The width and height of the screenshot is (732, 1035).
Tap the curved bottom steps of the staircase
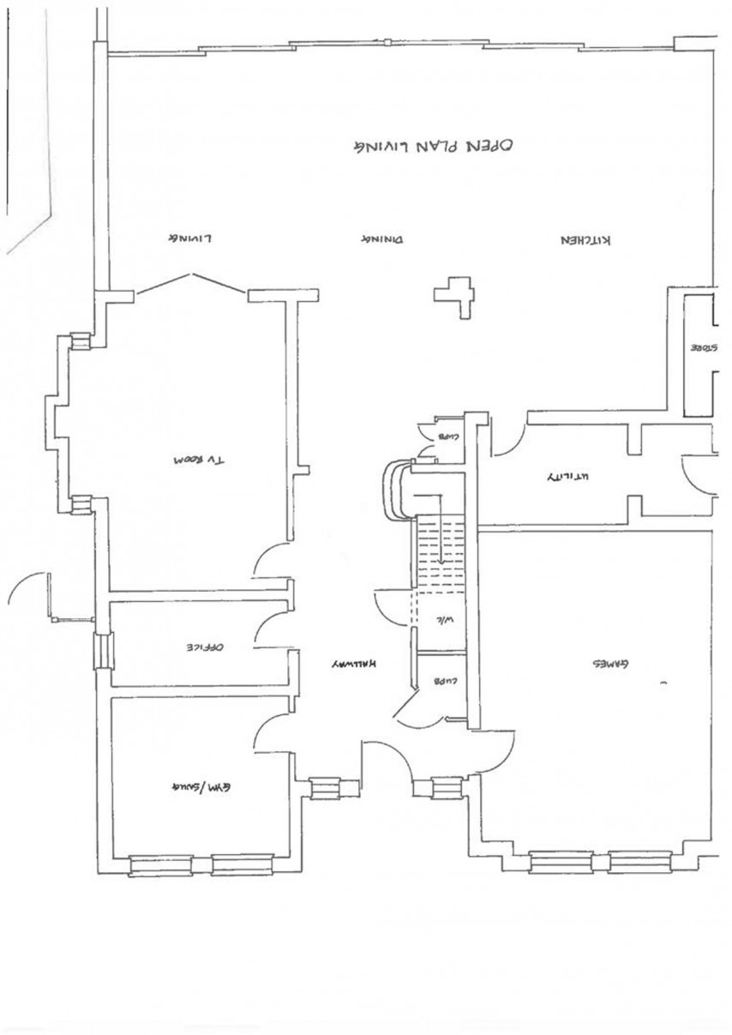[396, 490]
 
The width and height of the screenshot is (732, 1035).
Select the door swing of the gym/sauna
[273, 730]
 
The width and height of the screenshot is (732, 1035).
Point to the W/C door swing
[387, 607]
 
